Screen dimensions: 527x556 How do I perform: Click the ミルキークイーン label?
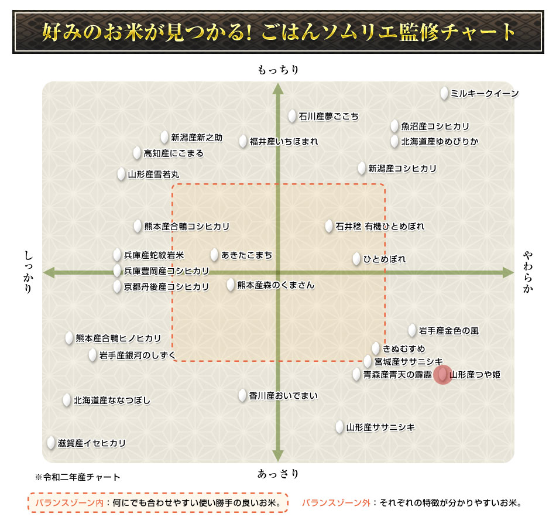[485, 94]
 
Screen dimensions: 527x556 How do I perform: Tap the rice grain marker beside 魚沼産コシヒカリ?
[395, 126]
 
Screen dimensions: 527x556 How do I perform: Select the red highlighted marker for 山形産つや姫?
[442, 374]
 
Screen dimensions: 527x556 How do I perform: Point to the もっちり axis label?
[278, 70]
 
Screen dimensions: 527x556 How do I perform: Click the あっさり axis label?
[278, 474]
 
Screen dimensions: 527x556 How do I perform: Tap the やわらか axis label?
[528, 272]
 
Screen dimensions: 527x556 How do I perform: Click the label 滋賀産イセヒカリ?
[91, 443]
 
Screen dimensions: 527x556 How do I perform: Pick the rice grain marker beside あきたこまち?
[215, 255]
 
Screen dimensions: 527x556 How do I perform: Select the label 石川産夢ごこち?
[329, 117]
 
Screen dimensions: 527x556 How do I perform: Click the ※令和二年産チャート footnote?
[78, 477]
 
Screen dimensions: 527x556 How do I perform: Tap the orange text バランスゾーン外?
[337, 502]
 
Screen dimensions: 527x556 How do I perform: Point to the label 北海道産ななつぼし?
[112, 401]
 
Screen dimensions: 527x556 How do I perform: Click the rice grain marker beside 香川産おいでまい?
[243, 395]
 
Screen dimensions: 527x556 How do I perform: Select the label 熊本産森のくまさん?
[276, 285]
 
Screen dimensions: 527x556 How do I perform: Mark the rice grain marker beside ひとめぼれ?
[357, 259]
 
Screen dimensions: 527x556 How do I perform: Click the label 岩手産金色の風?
[448, 331]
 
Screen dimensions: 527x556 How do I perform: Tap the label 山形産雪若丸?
[154, 174]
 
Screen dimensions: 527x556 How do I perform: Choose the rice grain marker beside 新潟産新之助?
[164, 138]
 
